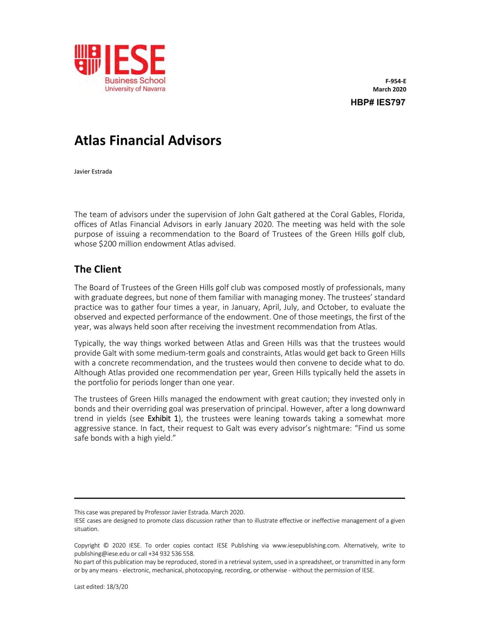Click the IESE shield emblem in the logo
click(87, 60)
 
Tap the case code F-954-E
click(395, 81)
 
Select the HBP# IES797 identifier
click(378, 102)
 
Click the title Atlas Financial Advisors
click(148, 140)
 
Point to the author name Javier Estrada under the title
click(93, 172)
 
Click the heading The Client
click(98, 269)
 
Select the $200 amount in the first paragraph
click(108, 244)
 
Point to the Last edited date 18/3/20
click(117, 587)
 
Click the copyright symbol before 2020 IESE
click(106, 545)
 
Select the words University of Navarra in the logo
click(135, 89)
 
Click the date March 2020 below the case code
click(389, 89)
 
